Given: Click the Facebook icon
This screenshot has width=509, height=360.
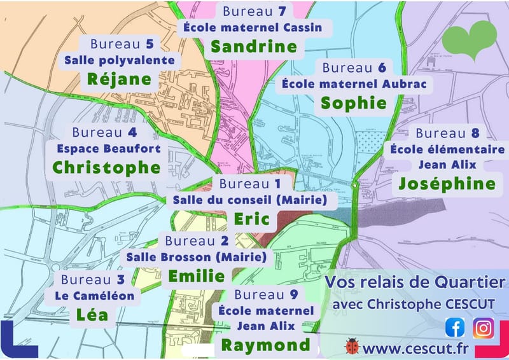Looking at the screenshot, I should [455, 328].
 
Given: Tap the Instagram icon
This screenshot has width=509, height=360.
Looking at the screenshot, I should [484, 328].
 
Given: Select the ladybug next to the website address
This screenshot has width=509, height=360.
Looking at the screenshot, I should [352, 347].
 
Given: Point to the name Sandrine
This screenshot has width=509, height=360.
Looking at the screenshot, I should [254, 46].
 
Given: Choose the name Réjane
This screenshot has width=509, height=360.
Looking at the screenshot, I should [120, 79].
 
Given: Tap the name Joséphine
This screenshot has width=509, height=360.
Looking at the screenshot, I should [447, 183].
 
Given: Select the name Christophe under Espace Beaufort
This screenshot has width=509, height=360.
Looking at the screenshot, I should [106, 167].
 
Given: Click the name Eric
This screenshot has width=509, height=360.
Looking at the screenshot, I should [252, 219].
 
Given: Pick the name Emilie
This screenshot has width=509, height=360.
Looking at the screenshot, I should [196, 275].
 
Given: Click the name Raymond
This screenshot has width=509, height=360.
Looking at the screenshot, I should [265, 345].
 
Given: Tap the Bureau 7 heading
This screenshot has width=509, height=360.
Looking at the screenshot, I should [254, 11].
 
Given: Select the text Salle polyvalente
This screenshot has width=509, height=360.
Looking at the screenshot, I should [120, 60].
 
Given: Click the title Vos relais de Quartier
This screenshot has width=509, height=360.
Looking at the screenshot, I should [415, 282].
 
